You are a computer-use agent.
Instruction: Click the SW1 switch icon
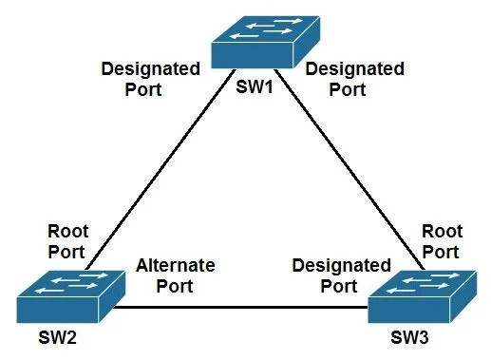pyautogui.click(x=265, y=42)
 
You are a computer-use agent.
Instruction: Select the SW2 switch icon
pyautogui.click(x=71, y=296)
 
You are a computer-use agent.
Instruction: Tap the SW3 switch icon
pyautogui.click(x=422, y=296)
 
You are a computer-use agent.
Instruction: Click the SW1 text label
pyautogui.click(x=255, y=86)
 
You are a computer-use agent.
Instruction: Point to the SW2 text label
pyautogui.click(x=57, y=337)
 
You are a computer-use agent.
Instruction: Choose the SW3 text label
pyautogui.click(x=409, y=337)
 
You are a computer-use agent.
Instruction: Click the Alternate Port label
pyautogui.click(x=176, y=275)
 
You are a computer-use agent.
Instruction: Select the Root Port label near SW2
pyautogui.click(x=67, y=241)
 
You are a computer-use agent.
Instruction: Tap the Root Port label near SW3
pyautogui.click(x=442, y=241)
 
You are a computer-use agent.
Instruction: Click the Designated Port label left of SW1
pyautogui.click(x=150, y=79)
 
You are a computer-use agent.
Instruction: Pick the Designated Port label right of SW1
pyautogui.click(x=354, y=79)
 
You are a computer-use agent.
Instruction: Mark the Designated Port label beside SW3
pyautogui.click(x=341, y=275)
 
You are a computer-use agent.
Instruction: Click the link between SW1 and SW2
pyautogui.click(x=161, y=170)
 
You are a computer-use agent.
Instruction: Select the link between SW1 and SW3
pyautogui.click(x=349, y=170)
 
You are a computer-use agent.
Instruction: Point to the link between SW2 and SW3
pyautogui.click(x=240, y=307)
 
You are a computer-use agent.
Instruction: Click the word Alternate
pyautogui.click(x=176, y=265)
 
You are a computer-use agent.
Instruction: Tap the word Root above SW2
pyautogui.click(x=67, y=232)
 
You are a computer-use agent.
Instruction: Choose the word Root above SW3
pyautogui.click(x=443, y=232)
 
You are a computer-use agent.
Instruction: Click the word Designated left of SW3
pyautogui.click(x=341, y=266)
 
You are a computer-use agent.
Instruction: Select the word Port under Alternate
pyautogui.click(x=175, y=286)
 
